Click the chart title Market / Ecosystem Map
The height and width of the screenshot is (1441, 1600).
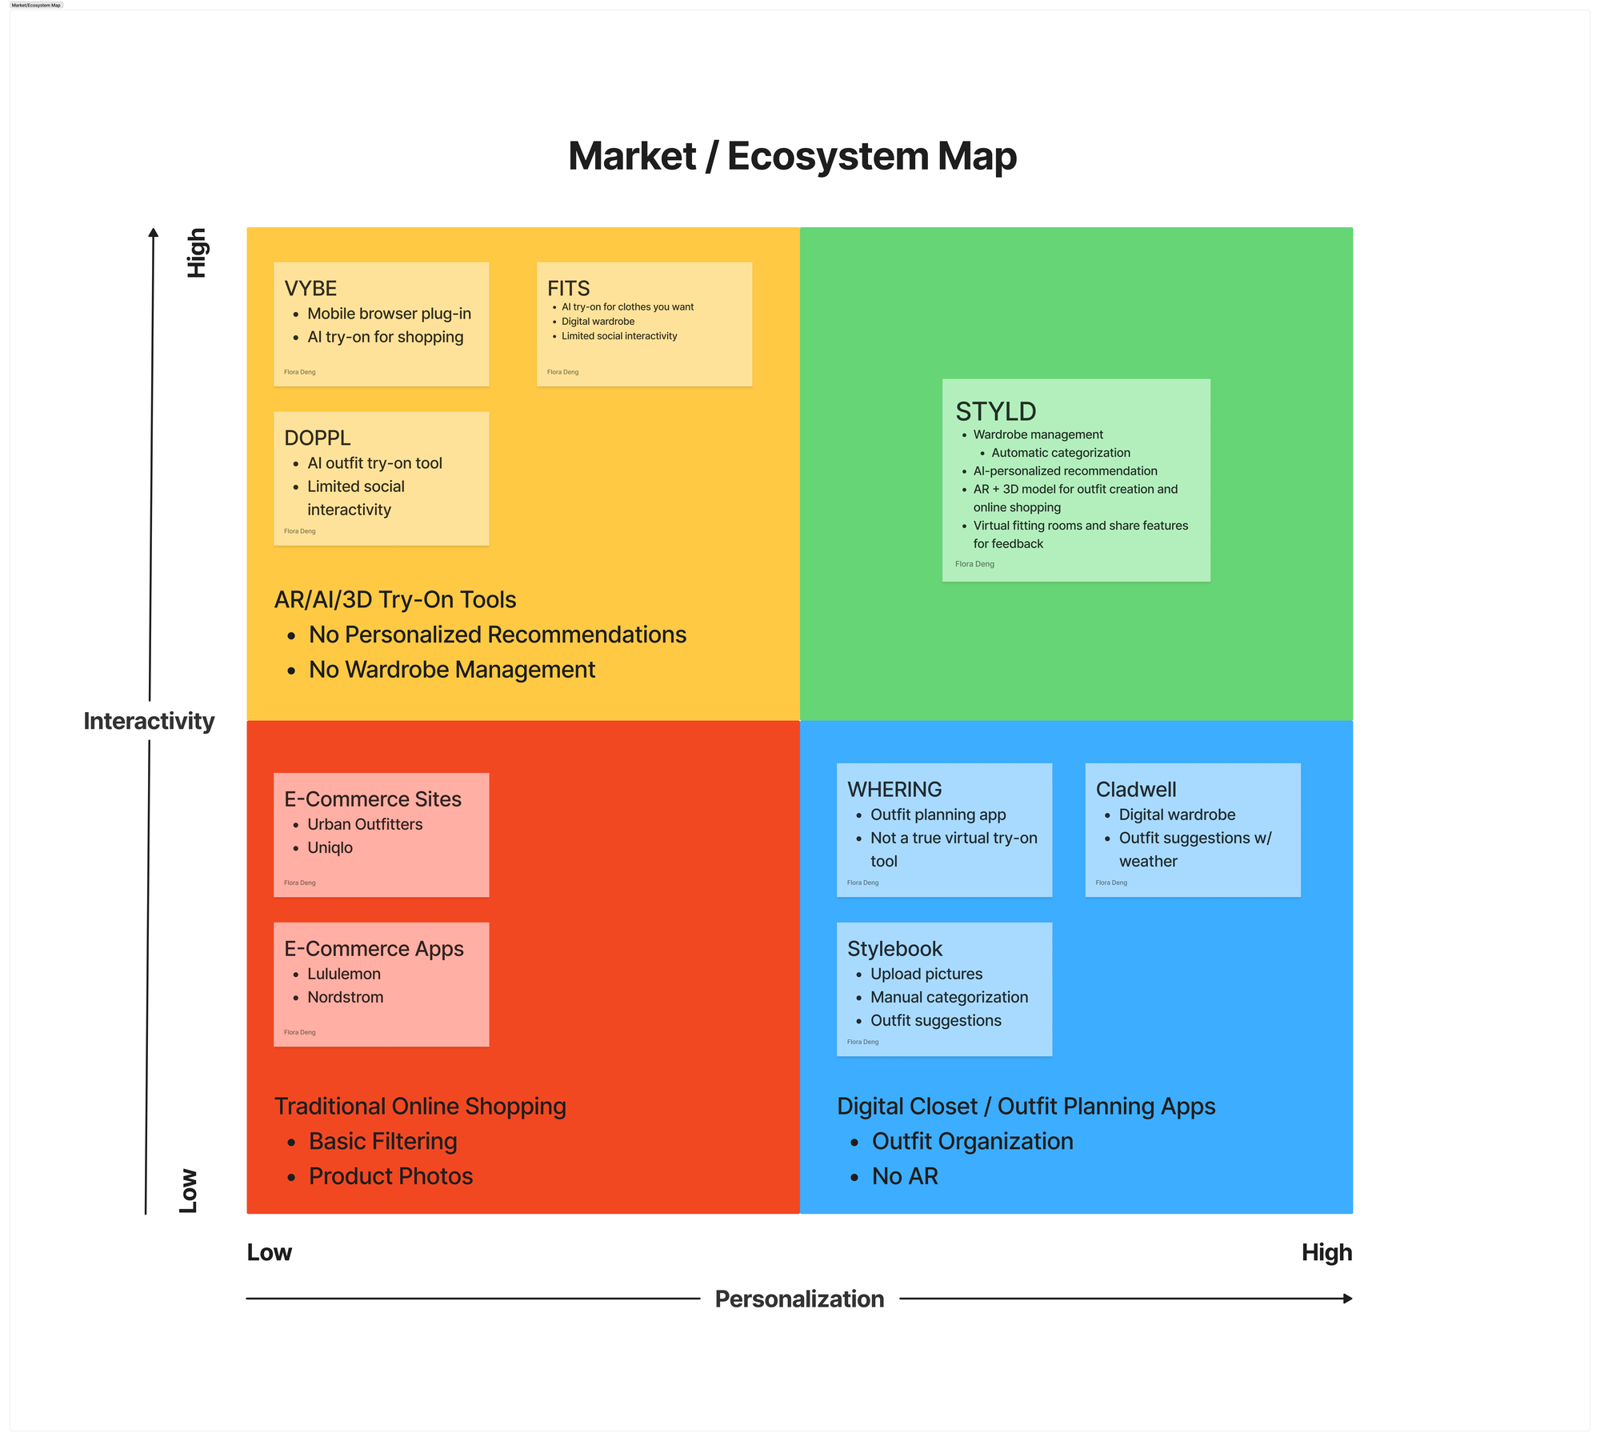click(792, 156)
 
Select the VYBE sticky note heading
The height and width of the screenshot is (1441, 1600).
click(310, 288)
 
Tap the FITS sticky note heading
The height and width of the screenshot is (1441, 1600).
click(569, 288)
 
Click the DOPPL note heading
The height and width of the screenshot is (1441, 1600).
click(318, 438)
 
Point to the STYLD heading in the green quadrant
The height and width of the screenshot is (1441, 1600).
click(996, 411)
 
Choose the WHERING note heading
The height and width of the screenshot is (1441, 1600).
click(894, 789)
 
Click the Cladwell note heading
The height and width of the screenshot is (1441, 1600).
click(1136, 789)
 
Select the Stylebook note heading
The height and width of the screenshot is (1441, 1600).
click(894, 949)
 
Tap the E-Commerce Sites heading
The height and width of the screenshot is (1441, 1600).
click(373, 799)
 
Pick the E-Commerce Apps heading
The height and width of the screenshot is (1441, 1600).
click(374, 949)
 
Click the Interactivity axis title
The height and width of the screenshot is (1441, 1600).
click(149, 721)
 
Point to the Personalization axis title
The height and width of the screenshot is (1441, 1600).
click(799, 1299)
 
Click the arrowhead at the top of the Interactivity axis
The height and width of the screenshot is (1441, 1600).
click(154, 232)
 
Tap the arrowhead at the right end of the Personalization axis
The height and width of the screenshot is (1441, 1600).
click(1348, 1299)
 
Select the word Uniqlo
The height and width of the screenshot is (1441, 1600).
click(330, 847)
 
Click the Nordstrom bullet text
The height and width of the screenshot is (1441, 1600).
click(346, 997)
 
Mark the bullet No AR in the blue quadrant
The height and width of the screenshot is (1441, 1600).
click(905, 1176)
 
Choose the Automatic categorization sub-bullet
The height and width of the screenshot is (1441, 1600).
click(1061, 453)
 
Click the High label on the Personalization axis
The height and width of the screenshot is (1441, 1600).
click(1326, 1252)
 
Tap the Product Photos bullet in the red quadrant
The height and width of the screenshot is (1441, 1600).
click(390, 1176)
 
